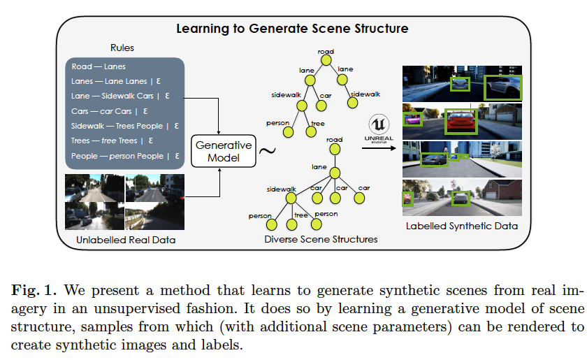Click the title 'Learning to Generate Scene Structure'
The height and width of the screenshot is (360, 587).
coord(292,29)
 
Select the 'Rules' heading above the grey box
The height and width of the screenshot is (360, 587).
coord(122,48)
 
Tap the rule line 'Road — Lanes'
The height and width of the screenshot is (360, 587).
coord(98,67)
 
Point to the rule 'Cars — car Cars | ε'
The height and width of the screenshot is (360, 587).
coord(110,111)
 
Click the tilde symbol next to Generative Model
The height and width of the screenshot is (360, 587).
coord(266,150)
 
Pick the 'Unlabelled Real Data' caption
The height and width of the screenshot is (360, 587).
coord(126,240)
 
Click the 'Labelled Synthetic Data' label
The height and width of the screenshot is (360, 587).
coord(462,226)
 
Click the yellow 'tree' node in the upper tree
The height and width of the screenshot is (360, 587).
coord(317,131)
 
